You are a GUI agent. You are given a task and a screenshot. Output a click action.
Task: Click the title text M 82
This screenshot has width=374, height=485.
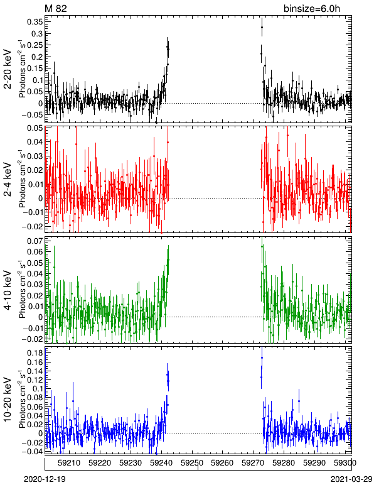(56, 8)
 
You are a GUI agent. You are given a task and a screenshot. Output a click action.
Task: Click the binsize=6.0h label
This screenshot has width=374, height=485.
(312, 9)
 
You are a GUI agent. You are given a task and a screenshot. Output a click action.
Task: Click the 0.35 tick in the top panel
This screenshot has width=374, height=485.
(35, 22)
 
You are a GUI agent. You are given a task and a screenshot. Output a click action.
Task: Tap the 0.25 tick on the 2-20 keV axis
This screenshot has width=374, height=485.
(35, 45)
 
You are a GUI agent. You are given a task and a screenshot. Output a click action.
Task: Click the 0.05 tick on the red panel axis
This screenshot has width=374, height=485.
(35, 128)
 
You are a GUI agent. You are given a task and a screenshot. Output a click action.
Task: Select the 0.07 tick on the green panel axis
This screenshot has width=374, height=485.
(35, 241)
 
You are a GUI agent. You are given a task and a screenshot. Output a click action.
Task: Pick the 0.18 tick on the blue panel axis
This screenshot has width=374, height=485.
(35, 353)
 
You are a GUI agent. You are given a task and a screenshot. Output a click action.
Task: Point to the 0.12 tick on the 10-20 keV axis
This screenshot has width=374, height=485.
(35, 380)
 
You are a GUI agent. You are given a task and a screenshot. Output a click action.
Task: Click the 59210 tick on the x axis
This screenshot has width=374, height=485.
(69, 463)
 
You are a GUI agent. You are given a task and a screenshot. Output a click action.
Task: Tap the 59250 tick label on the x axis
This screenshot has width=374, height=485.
(192, 463)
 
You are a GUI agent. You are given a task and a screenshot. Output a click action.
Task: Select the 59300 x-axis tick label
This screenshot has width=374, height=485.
(345, 463)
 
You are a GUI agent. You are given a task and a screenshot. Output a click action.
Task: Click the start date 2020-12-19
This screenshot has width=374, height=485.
(45, 479)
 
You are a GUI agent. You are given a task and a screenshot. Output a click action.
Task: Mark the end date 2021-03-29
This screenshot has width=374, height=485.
(351, 479)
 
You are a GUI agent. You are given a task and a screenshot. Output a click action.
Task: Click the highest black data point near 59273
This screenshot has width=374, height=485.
(262, 27)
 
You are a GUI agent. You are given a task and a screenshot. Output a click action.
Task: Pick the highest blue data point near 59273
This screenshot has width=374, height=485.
(262, 358)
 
